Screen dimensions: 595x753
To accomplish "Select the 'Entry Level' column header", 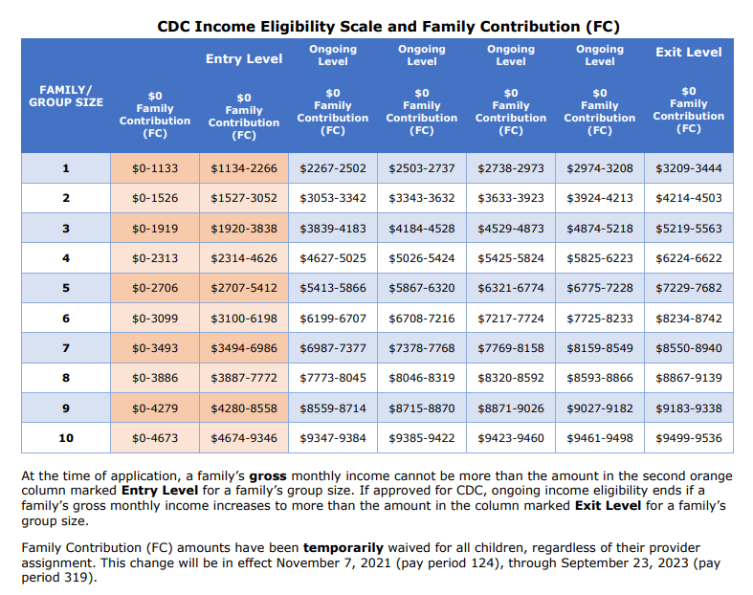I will [244, 58].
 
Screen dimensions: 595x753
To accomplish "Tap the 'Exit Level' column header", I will [688, 52].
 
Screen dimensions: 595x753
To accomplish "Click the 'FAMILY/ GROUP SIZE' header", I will [66, 96].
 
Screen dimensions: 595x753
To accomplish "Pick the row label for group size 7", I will [66, 348].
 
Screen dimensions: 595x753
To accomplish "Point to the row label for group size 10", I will [66, 439].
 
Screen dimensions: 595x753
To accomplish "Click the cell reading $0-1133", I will [155, 168].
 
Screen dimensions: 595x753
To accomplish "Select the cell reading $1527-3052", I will [244, 198].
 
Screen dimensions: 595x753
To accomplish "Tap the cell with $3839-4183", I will [333, 229].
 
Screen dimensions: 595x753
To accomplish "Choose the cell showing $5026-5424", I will [422, 258].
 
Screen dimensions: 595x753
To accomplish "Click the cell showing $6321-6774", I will [511, 288].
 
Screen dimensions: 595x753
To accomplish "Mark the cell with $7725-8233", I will [600, 319].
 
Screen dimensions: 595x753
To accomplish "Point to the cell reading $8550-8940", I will [689, 348].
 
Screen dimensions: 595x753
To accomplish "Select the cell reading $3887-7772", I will [244, 378].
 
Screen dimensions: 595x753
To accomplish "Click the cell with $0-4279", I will [155, 408].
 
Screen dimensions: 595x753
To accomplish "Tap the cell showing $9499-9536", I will [689, 439].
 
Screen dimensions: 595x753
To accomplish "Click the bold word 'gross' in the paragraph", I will [270, 475].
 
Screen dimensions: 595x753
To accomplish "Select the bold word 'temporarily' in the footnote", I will [345, 548].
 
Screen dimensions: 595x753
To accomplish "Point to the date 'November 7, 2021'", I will [323, 563].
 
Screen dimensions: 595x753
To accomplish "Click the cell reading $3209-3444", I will [689, 168].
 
